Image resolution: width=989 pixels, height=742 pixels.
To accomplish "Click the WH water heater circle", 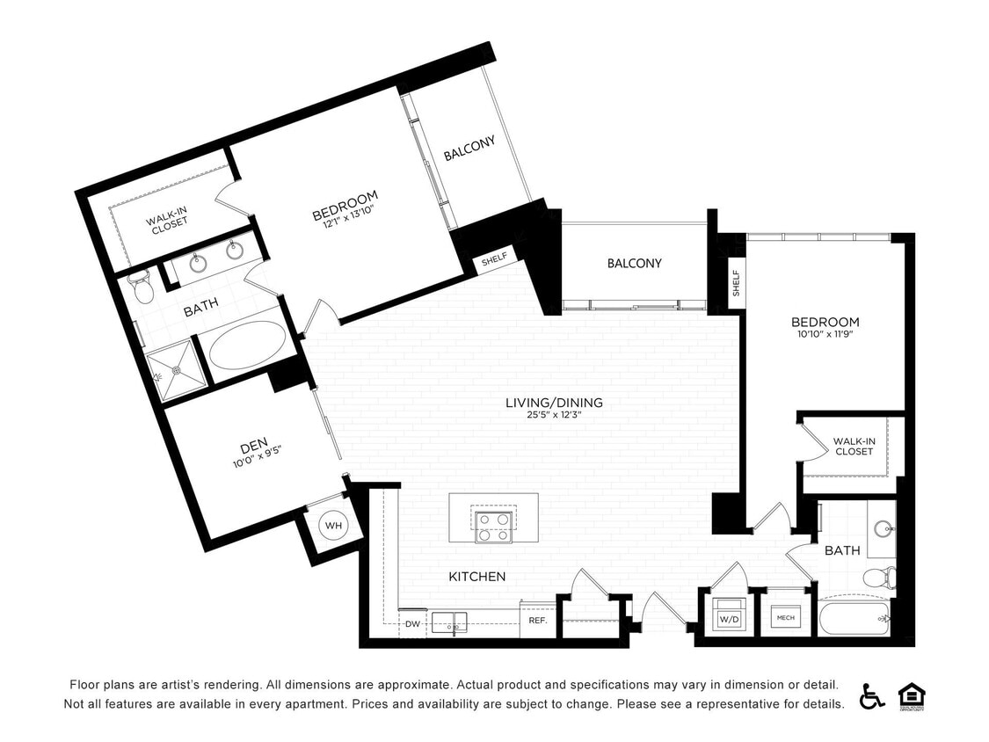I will point(333,526).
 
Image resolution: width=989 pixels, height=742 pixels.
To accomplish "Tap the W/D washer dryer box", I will point(729,617).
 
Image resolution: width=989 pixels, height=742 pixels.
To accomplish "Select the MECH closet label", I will point(785,618).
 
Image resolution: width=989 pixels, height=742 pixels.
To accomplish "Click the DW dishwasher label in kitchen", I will point(412,624).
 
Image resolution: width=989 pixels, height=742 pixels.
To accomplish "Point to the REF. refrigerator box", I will point(538,620).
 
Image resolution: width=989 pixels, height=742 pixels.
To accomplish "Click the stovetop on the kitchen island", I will point(493,525).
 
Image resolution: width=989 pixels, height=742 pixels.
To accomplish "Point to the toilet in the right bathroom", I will point(877,578).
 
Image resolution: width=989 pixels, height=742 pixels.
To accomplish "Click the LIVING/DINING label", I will point(554,403).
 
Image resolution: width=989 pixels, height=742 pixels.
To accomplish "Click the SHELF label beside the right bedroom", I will point(736,282).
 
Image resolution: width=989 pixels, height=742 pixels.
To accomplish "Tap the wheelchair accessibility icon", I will point(871,695).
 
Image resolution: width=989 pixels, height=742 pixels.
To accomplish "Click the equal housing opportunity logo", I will point(911,695).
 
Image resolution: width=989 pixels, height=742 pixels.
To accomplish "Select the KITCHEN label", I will point(477,577).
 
